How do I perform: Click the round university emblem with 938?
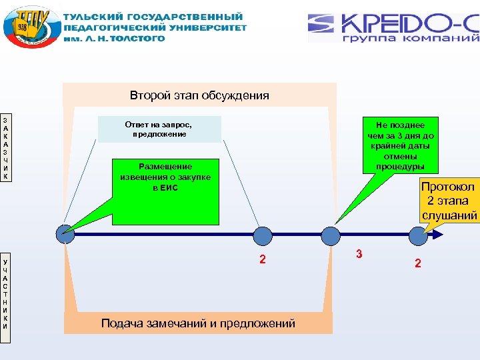click(29, 27)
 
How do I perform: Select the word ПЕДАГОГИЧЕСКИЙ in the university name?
click(113, 27)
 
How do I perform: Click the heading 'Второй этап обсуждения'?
click(199, 95)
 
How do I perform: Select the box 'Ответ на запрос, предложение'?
click(159, 129)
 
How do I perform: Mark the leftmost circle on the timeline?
click(65, 235)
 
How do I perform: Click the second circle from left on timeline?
click(263, 235)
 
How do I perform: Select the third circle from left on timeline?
click(331, 235)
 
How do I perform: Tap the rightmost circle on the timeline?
click(418, 235)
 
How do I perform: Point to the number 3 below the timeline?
click(359, 254)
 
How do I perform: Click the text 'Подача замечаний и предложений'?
click(198, 324)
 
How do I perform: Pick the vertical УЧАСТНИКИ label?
click(5, 297)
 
